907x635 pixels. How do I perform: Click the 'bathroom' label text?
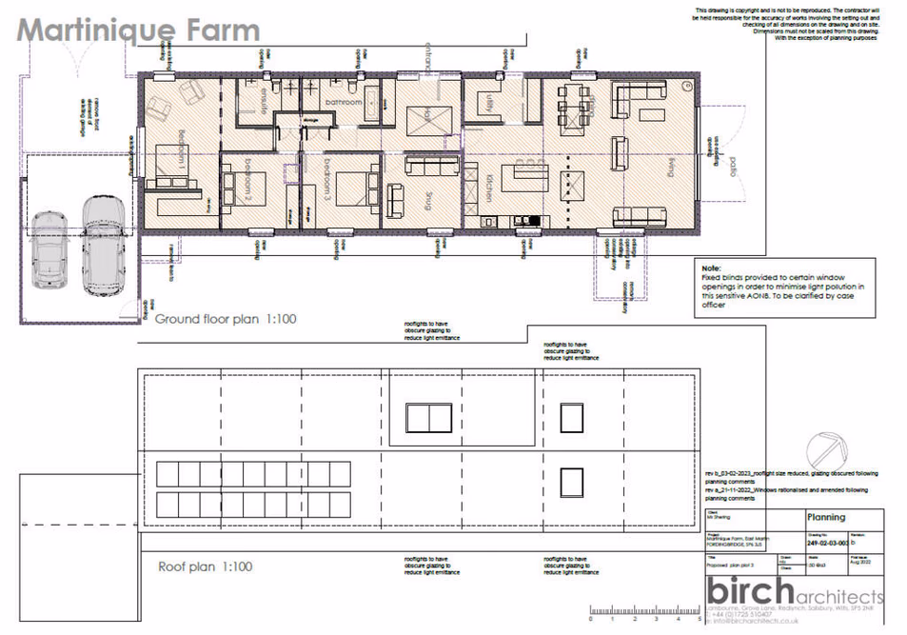pyautogui.click(x=343, y=101)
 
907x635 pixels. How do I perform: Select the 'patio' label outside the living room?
pyautogui.click(x=731, y=170)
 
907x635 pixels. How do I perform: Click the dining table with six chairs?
pyautogui.click(x=572, y=97)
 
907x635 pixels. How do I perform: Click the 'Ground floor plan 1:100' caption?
pyautogui.click(x=226, y=319)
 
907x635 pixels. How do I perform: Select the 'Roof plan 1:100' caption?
pyautogui.click(x=205, y=566)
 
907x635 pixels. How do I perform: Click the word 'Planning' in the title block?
pyautogui.click(x=825, y=518)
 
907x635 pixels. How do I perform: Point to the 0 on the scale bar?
pyautogui.click(x=591, y=620)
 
